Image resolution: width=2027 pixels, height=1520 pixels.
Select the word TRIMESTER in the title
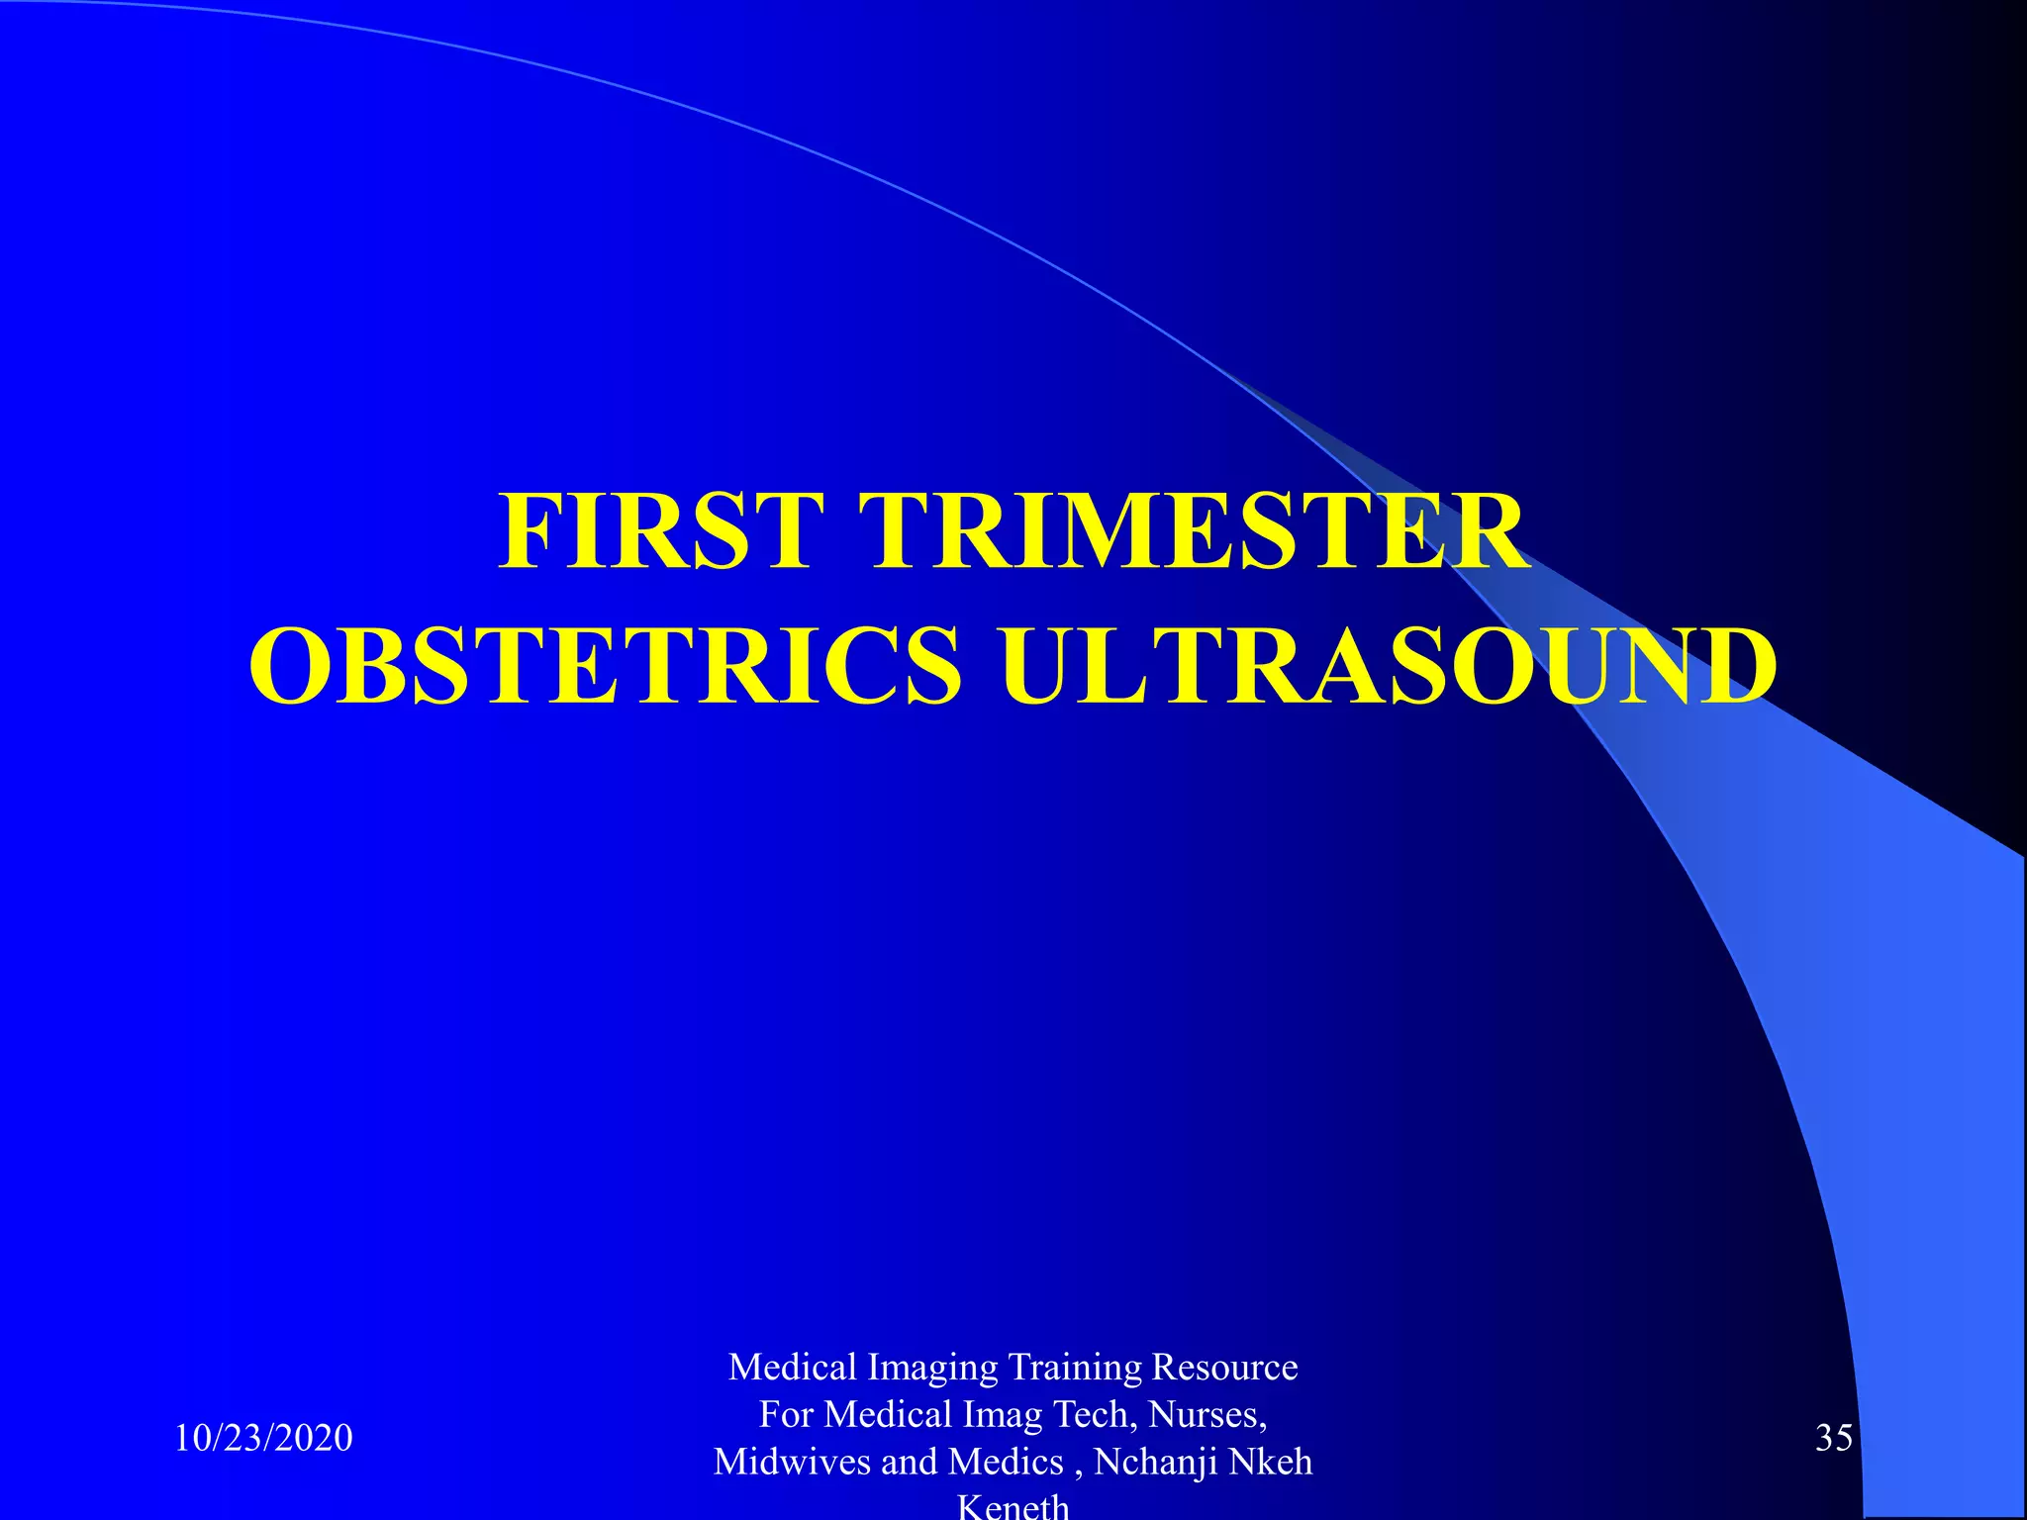1195,531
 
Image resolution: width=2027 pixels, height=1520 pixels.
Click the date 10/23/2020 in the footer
263,1438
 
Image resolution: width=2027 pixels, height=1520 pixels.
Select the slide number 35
1833,1438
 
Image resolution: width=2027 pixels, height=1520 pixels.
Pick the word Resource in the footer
1224,1368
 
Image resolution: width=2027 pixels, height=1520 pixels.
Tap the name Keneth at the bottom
1013,1506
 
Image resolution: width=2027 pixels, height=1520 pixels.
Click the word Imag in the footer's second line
1002,1415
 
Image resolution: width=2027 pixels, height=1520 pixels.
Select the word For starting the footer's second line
787,1415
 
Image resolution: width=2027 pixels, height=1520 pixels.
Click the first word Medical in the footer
793,1368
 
